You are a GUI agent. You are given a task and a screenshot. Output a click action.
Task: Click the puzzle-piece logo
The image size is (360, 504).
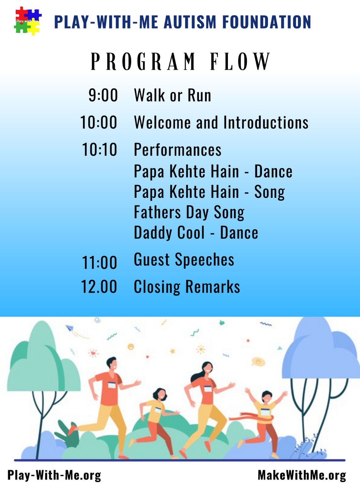(x=28, y=21)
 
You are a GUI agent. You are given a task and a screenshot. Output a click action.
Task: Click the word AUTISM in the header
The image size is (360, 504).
(x=190, y=22)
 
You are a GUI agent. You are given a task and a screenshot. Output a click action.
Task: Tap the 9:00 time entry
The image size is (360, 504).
(x=103, y=95)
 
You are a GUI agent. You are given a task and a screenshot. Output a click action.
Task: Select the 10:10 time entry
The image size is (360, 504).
(x=99, y=149)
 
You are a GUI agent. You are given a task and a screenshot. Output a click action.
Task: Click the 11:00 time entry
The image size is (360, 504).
(x=99, y=262)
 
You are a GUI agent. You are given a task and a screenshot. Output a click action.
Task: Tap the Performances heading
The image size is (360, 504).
(x=178, y=150)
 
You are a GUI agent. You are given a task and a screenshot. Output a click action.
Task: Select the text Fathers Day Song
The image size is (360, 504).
(x=189, y=212)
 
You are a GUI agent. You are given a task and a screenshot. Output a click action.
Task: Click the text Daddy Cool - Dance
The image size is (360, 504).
(x=196, y=232)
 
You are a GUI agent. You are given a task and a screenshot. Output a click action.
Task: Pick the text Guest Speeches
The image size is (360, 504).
(x=184, y=260)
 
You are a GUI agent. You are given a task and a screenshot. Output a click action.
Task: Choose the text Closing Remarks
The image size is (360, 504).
(x=187, y=287)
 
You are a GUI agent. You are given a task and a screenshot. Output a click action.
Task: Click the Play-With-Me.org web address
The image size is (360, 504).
(x=54, y=476)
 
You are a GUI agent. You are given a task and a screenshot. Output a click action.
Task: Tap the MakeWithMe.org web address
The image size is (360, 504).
(x=302, y=475)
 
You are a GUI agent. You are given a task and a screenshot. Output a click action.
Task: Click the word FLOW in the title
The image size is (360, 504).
(x=240, y=61)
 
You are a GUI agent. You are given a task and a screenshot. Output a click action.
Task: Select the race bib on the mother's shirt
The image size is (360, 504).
(x=208, y=388)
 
